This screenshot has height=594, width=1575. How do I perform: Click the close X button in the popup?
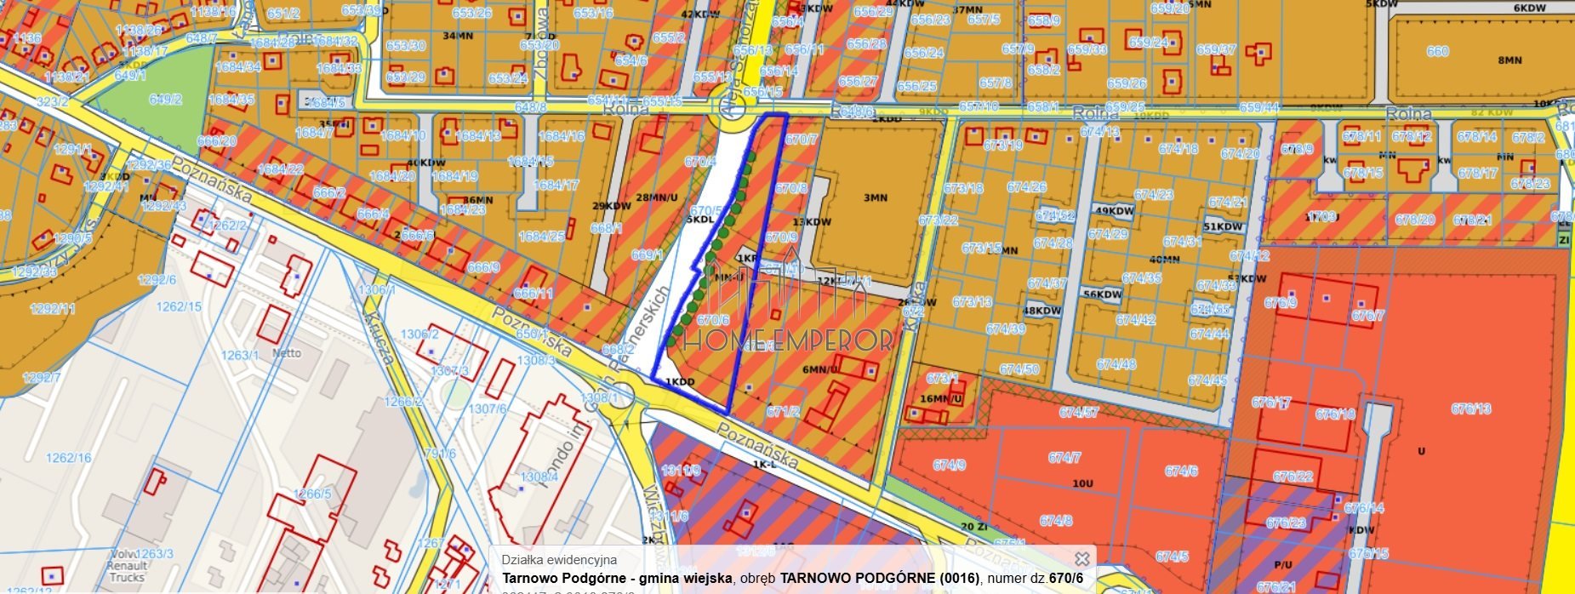tap(1081, 559)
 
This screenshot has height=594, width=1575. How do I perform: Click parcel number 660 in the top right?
tap(1437, 51)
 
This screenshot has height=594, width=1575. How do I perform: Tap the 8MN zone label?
tap(1509, 60)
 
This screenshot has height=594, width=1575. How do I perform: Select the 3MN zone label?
tap(876, 197)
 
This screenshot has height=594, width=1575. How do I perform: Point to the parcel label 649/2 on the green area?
tap(165, 100)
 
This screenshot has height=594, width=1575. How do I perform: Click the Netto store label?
tap(287, 352)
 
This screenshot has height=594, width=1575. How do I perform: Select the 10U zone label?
tap(1082, 483)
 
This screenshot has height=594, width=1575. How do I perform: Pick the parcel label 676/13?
tap(1471, 409)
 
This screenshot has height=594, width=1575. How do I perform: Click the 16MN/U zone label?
tap(940, 398)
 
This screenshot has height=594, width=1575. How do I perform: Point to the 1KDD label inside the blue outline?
tap(680, 382)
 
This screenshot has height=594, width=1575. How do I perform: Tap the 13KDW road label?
tap(811, 222)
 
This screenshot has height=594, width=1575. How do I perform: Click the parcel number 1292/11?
tap(53, 308)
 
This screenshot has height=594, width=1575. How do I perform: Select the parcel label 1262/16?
tap(68, 458)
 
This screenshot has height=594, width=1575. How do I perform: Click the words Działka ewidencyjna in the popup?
tap(559, 560)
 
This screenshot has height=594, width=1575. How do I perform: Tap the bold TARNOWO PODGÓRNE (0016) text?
tap(879, 579)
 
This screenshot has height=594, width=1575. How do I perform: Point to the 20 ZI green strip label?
tap(973, 527)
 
